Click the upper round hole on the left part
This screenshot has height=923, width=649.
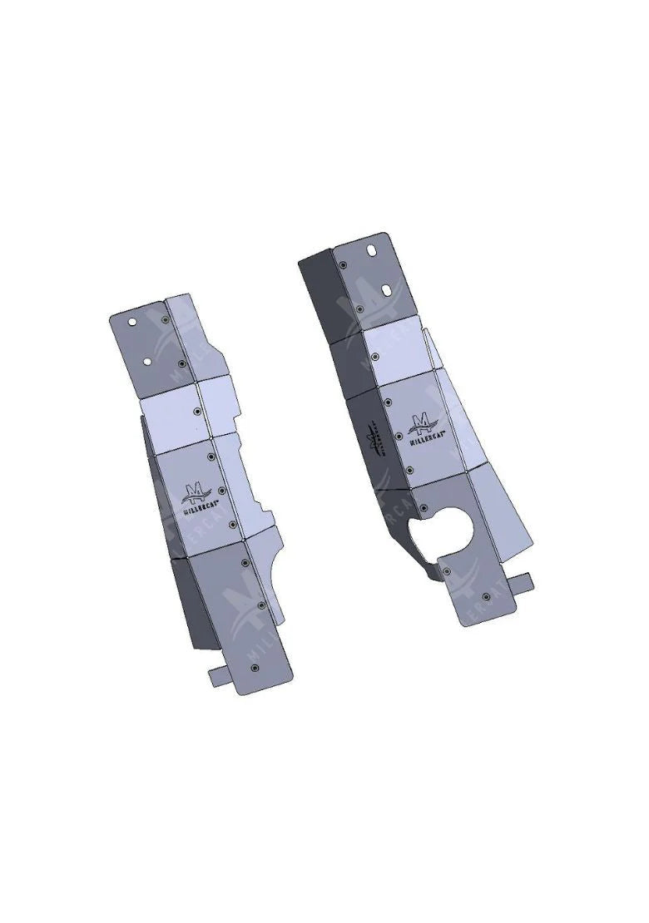click(x=130, y=319)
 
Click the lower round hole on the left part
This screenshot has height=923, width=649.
click(x=147, y=362)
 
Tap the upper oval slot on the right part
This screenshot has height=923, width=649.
click(x=370, y=250)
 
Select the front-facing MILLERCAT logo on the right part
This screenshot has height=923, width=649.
click(x=425, y=426)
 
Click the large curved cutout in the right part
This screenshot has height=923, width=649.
click(x=441, y=531)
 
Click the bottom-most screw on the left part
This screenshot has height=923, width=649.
click(x=255, y=666)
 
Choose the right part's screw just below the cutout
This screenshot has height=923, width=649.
click(x=447, y=573)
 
